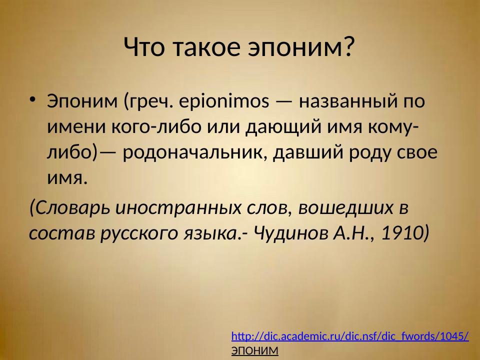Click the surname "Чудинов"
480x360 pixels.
[286, 232]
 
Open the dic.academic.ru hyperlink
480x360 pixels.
[350, 336]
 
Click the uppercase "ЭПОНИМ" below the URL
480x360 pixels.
[254, 351]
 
